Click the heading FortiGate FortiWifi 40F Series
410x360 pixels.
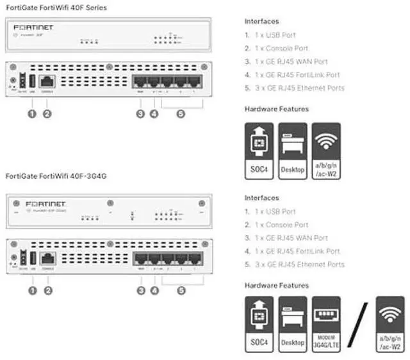tap(56, 8)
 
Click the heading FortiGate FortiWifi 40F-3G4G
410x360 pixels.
tap(56, 175)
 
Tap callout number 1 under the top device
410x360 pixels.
tap(32, 114)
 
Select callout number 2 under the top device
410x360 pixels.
tap(47, 114)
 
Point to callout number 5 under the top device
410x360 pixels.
tap(181, 114)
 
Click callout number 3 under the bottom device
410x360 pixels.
tap(140, 290)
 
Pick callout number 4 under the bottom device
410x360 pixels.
tap(154, 290)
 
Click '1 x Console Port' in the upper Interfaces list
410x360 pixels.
tap(275, 48)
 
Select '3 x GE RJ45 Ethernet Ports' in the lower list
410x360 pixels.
tap(294, 265)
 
